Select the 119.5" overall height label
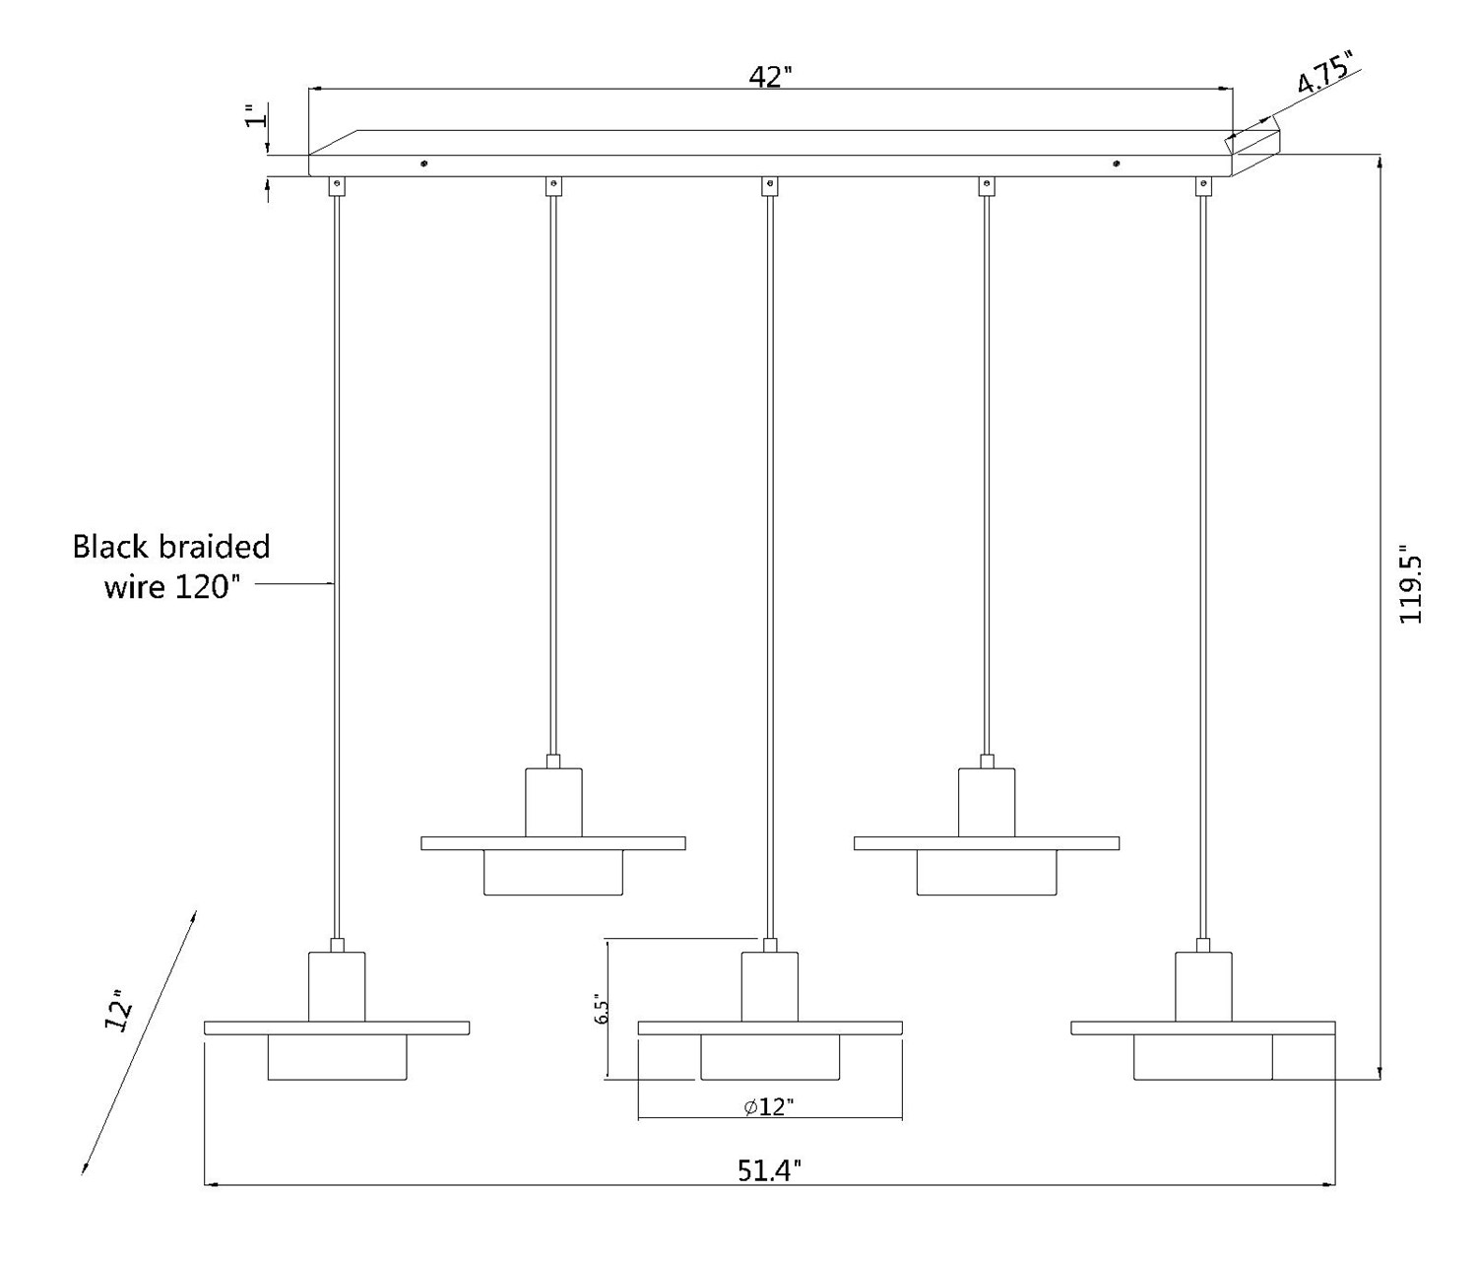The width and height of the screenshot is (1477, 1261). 1410,587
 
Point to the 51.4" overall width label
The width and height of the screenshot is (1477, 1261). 769,1169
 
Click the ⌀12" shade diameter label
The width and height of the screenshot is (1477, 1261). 769,1106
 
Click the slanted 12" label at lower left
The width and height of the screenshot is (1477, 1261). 119,1011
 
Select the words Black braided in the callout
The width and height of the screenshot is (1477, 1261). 171,546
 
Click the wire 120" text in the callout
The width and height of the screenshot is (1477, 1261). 172,587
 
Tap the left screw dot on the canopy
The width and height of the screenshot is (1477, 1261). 423,164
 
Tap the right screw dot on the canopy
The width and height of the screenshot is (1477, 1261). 1116,164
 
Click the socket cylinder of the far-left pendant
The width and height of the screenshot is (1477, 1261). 337,986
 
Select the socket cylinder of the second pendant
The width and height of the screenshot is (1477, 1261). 553,802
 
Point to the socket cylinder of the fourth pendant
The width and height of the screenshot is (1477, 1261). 987,802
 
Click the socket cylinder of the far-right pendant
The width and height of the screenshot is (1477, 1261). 1203,986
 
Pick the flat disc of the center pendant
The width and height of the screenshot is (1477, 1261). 770,1028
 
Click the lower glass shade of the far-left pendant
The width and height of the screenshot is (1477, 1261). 337,1057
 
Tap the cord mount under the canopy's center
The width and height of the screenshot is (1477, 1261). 770,184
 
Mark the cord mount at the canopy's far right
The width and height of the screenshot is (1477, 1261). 1202,184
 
